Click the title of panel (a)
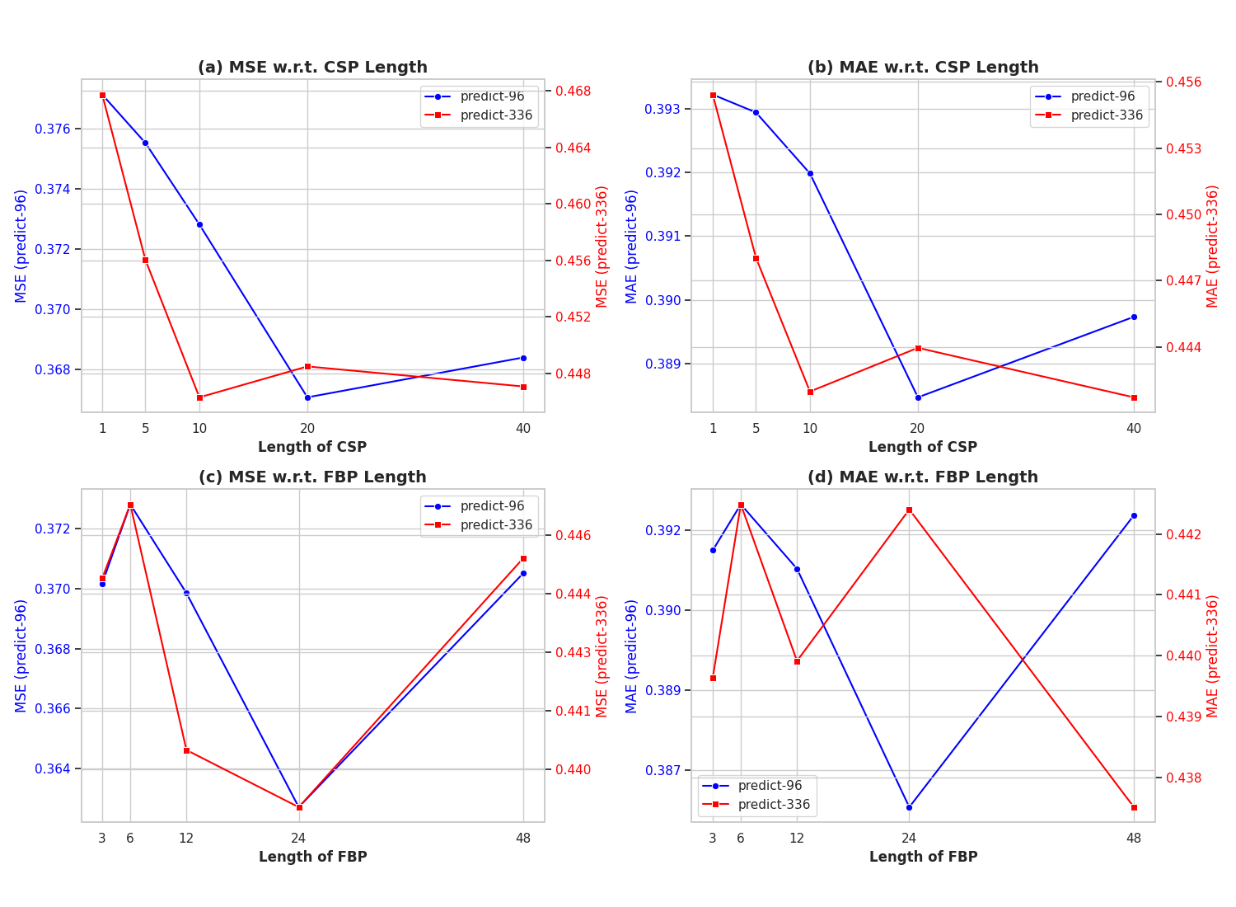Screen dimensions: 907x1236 tap(312, 68)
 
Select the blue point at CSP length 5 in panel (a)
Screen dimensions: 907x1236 tap(145, 143)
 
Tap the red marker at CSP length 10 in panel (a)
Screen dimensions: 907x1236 tap(199, 397)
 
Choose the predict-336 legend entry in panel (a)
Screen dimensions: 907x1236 tap(495, 115)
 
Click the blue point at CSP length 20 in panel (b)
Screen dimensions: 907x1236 tap(918, 397)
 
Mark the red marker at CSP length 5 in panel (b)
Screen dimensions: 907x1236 tap(756, 258)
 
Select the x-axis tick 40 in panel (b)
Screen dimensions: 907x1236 tap(1134, 429)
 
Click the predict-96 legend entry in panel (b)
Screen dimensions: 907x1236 tap(1103, 96)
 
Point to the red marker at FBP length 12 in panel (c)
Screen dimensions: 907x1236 tap(186, 750)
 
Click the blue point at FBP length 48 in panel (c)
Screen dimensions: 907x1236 tap(523, 573)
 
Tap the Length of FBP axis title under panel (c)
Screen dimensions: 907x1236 tap(312, 857)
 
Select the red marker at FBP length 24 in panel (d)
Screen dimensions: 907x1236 tap(909, 510)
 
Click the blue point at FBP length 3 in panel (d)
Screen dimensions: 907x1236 tap(713, 550)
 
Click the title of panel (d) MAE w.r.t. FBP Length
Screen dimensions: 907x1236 tap(923, 477)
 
